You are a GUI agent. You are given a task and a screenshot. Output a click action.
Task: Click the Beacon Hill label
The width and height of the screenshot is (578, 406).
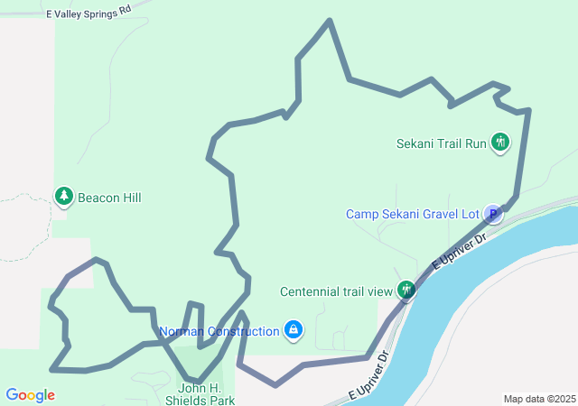click(108, 198)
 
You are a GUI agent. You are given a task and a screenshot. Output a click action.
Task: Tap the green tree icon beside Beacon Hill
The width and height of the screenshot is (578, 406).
click(63, 196)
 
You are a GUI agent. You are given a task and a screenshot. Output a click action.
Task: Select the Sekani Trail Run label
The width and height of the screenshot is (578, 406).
click(442, 143)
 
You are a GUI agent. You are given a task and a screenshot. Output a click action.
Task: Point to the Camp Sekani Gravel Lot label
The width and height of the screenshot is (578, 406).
click(412, 214)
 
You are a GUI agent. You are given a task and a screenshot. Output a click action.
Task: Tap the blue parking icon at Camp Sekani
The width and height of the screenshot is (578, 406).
click(493, 214)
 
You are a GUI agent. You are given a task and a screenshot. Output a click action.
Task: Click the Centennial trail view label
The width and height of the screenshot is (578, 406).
click(336, 291)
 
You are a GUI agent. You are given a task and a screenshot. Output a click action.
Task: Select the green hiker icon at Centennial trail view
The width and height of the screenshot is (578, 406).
click(407, 291)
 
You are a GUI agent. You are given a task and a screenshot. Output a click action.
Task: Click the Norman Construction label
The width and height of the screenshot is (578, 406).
click(219, 331)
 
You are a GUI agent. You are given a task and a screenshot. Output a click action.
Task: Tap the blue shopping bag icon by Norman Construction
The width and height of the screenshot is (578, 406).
click(293, 331)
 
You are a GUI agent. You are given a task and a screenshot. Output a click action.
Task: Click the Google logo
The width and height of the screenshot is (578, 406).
click(30, 395)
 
